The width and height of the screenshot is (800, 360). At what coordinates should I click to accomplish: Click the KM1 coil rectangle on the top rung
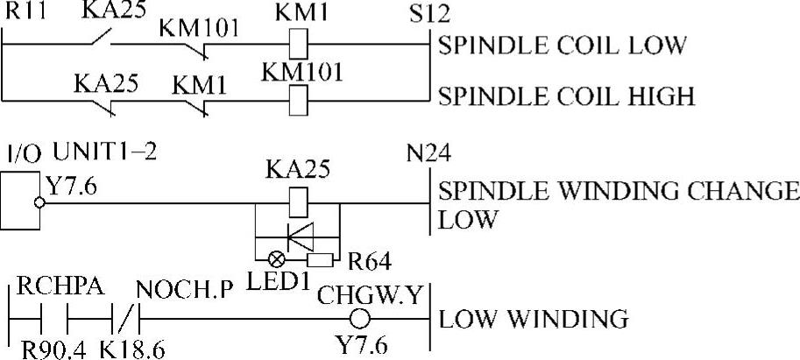[298, 44]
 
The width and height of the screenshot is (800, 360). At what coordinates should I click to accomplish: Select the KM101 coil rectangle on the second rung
[298, 100]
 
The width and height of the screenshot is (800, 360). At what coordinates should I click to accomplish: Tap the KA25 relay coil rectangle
[298, 203]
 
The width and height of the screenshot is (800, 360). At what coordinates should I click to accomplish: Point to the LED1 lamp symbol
[277, 260]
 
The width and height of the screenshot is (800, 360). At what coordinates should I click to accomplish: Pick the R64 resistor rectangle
[321, 260]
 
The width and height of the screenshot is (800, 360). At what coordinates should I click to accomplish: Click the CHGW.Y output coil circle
[359, 320]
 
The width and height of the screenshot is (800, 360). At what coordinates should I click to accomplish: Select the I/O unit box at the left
[20, 200]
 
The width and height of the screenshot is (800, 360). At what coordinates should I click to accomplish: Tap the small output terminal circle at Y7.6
[39, 203]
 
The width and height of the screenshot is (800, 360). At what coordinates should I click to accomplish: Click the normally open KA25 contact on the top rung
[101, 39]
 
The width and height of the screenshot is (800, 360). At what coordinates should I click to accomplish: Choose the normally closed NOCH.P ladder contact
[124, 320]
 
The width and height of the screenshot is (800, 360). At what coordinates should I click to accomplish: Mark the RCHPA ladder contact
[54, 320]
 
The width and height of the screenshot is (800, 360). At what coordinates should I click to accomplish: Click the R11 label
[24, 12]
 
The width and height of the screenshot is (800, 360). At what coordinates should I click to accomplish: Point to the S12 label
[429, 15]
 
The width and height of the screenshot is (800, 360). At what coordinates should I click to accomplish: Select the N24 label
[428, 153]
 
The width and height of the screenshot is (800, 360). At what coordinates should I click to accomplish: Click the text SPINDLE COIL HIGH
[566, 96]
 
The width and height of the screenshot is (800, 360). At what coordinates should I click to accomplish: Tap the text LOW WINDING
[533, 320]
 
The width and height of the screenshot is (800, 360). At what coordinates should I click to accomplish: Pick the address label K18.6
[132, 350]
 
